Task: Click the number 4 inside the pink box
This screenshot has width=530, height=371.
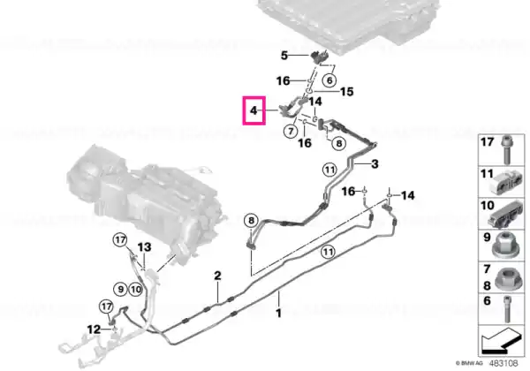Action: point(254,110)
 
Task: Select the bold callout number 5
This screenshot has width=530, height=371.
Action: point(284,55)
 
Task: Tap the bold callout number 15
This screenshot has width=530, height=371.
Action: point(346,92)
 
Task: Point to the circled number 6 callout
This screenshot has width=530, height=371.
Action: point(329,80)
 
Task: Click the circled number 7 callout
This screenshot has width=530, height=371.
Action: point(291,131)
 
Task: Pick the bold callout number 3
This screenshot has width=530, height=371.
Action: point(375,164)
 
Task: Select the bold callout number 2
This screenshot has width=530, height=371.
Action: point(217,276)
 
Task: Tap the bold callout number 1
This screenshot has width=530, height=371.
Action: point(278,314)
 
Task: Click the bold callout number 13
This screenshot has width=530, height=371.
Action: point(144,247)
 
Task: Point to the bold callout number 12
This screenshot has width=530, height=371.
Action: point(94,329)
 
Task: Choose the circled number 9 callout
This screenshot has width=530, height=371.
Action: point(120,289)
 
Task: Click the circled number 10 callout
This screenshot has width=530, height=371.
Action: point(135,289)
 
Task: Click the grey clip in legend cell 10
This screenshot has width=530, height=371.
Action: point(505,214)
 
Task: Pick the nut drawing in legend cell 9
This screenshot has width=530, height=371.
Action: point(506,246)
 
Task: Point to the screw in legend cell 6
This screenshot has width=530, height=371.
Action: point(507,309)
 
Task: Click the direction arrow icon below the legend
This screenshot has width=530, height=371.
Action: point(501,340)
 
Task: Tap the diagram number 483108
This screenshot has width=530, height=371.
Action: point(503,363)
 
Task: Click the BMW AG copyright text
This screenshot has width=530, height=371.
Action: point(469,364)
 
